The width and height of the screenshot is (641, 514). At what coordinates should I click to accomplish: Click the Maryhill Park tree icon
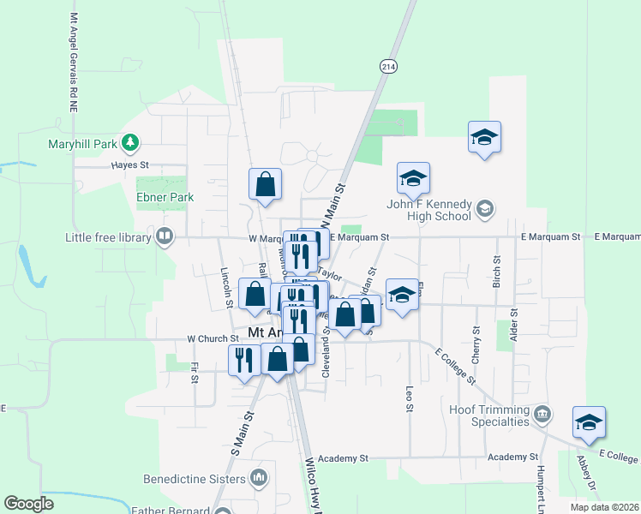(130, 142)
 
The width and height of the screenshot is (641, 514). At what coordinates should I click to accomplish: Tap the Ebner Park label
(165, 197)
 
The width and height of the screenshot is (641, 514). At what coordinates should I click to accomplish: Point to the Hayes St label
(131, 164)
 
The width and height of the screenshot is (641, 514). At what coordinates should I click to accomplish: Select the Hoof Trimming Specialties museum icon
(541, 415)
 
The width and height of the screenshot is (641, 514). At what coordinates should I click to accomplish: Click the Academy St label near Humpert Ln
(512, 457)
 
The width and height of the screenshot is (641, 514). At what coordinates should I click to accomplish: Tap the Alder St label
(514, 326)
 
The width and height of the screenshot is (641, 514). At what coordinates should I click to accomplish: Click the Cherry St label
(476, 343)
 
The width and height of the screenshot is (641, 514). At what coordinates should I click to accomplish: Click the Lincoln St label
(227, 287)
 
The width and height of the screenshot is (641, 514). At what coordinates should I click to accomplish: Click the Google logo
(28, 505)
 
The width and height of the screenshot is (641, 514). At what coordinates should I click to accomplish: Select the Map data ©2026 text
(604, 507)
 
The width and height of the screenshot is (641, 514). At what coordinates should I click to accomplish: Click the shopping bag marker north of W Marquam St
(266, 184)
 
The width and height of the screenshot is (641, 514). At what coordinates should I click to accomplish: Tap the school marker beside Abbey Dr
(589, 422)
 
